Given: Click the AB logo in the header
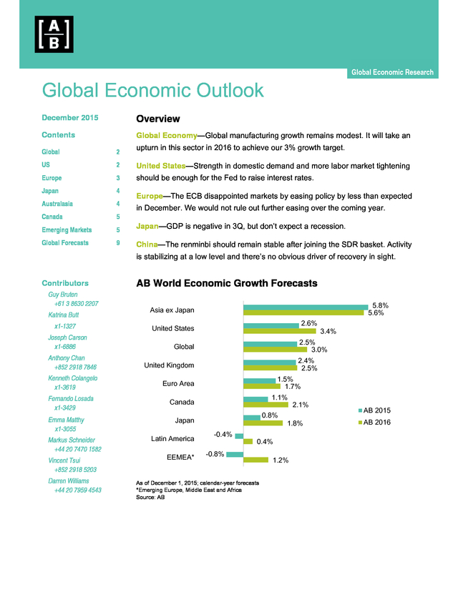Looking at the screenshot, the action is click(54, 34).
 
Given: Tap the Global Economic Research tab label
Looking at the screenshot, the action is click(392, 72).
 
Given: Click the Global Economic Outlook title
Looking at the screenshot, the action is click(152, 90).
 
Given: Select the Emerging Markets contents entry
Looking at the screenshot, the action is click(67, 230).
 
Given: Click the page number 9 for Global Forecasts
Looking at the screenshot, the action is click(118, 243).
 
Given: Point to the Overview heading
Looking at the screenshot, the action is click(158, 119).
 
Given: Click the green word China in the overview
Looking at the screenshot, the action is click(147, 245).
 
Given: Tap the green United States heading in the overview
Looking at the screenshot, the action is click(160, 166).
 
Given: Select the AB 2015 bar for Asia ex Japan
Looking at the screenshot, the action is click(306, 307).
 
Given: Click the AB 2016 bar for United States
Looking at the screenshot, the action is click(280, 331).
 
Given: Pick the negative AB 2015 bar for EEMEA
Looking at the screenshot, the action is click(235, 454).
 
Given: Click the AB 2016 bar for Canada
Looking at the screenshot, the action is click(265, 405).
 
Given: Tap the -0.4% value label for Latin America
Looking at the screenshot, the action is click(223, 435).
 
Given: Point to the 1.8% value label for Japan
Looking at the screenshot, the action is click(295, 423).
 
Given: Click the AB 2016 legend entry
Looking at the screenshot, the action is click(374, 422).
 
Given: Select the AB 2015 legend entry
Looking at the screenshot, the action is click(374, 410).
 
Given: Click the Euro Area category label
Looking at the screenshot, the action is click(178, 384).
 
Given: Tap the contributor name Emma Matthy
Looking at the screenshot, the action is click(66, 420).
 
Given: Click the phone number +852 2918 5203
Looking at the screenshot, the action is click(75, 470).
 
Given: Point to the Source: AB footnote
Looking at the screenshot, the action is click(150, 497).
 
